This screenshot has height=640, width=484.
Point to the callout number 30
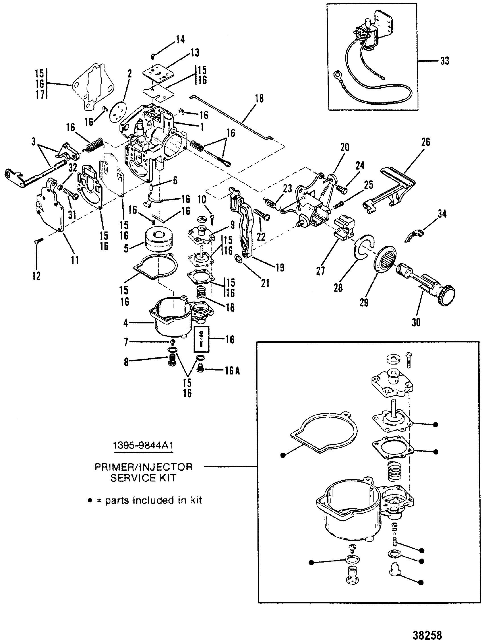tap(416, 322)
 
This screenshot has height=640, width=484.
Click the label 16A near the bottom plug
tap(231, 370)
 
